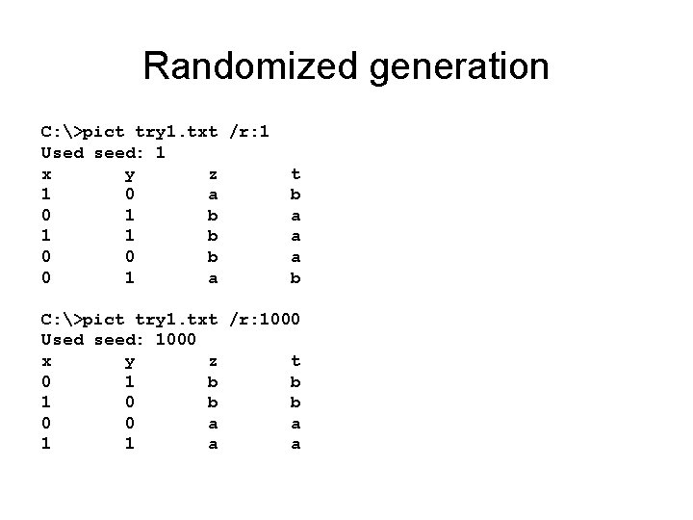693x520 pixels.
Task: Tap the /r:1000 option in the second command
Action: point(266,318)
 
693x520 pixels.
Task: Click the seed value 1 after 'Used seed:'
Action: point(161,152)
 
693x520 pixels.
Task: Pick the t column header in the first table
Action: point(295,173)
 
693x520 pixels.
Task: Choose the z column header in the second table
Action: point(213,360)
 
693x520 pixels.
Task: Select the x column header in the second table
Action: point(45,361)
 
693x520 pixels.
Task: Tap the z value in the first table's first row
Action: point(213,194)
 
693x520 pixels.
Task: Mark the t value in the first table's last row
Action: point(295,277)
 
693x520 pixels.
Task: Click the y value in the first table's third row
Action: point(129,236)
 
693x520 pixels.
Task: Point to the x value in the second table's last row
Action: point(45,444)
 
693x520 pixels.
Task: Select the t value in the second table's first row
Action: point(295,381)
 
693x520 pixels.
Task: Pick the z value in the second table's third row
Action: point(213,424)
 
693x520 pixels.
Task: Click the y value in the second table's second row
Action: point(129,403)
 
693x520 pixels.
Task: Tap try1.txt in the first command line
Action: point(176,131)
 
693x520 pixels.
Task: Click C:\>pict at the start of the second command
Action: point(82,319)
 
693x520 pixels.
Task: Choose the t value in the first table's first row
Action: point(295,194)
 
